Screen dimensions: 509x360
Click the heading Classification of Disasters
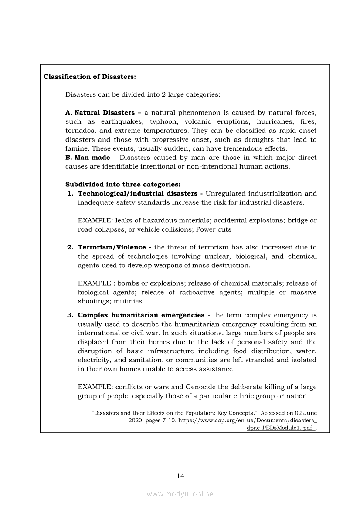point(90,77)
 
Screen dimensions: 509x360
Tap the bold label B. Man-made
point(87,158)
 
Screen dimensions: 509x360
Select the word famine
point(76,148)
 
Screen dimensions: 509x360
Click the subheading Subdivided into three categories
point(123,184)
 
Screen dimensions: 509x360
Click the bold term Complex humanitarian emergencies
point(141,315)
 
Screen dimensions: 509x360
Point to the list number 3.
point(70,315)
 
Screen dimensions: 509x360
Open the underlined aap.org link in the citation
point(248,421)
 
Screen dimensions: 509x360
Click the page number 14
point(180,475)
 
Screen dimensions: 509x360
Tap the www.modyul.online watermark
point(180,494)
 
